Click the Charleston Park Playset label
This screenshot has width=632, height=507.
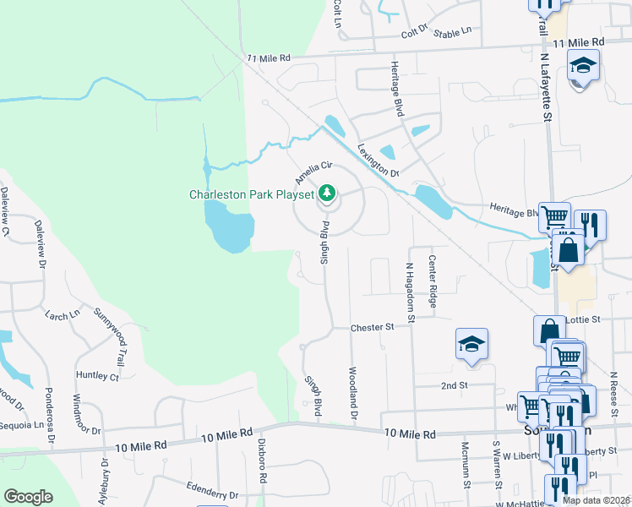pos(251,194)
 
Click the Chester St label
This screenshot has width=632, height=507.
pos(373,326)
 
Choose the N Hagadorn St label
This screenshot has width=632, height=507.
pos(410,292)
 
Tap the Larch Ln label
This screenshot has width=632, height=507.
pos(63,314)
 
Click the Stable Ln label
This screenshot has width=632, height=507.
pos(452,33)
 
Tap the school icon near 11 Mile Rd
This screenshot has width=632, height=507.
pos(582,66)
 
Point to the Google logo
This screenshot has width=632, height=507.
pos(28,497)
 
